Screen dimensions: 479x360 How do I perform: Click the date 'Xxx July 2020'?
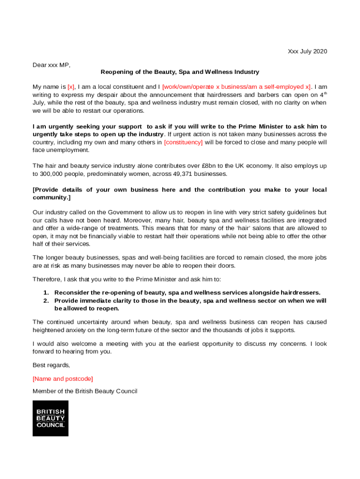pyautogui.click(x=307, y=51)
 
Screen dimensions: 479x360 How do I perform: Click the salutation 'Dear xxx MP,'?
pyautogui.click(x=51, y=65)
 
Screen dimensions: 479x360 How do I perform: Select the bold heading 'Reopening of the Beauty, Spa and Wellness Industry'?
pyautogui.click(x=180, y=72)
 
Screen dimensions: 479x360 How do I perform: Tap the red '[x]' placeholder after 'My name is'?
pyautogui.click(x=71, y=87)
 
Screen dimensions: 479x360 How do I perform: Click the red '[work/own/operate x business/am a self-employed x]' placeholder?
pyautogui.click(x=237, y=87)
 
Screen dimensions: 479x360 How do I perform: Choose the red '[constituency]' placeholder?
pyautogui.click(x=183, y=142)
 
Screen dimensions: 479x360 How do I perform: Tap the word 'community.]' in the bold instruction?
pyautogui.click(x=51, y=198)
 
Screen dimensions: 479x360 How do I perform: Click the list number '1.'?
pyautogui.click(x=46, y=293)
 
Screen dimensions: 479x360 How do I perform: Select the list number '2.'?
pyautogui.click(x=46, y=301)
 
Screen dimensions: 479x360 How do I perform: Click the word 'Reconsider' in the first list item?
pyautogui.click(x=72, y=293)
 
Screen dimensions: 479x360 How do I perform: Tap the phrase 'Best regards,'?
pyautogui.click(x=51, y=365)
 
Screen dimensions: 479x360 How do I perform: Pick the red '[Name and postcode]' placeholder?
pyautogui.click(x=63, y=378)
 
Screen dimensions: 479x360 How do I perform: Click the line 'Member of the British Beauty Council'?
pyautogui.click(x=85, y=391)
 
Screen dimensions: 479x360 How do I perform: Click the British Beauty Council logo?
pyautogui.click(x=50, y=418)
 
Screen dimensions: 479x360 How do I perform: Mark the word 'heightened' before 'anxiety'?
pyautogui.click(x=49, y=330)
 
